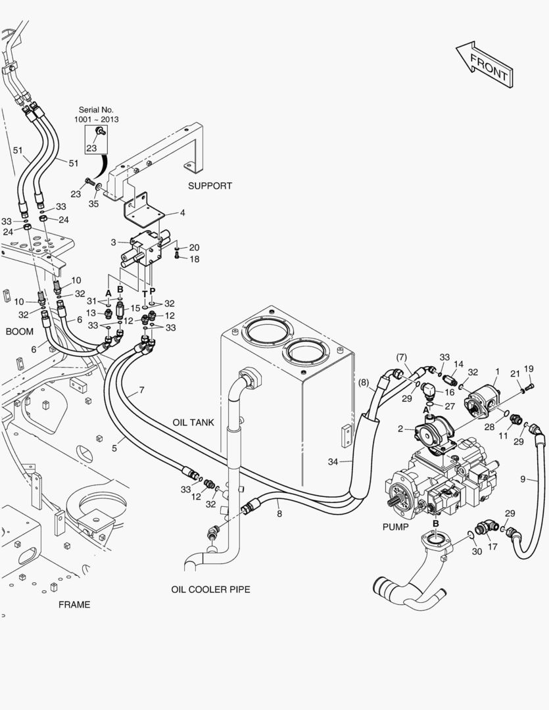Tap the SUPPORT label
210,186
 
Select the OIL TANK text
193,423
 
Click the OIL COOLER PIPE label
210,590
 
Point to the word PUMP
395,527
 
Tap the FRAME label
74,605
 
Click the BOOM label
19,331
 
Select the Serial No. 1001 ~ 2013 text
97,115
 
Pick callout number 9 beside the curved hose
523,479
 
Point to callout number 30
477,552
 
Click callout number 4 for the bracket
182,213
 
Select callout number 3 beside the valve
114,243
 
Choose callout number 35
93,204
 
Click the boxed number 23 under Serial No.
91,149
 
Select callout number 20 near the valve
194,247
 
